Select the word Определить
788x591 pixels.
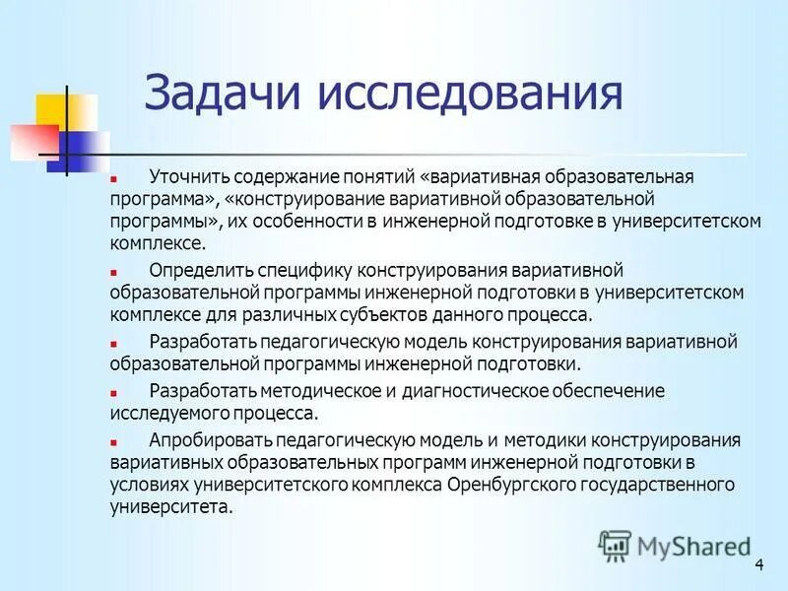[200, 270]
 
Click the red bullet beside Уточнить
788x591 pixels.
[114, 179]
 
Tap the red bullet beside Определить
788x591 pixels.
[114, 272]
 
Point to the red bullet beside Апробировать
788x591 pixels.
[114, 442]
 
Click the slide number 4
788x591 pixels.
[758, 563]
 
